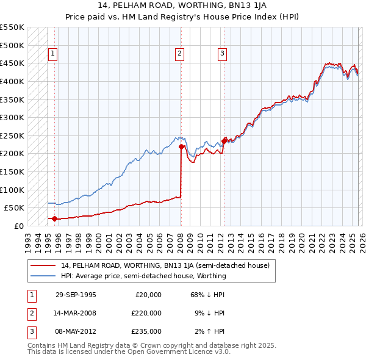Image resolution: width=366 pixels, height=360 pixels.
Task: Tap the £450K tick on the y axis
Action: (x=12, y=63)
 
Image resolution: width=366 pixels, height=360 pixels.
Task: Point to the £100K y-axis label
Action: (x=12, y=190)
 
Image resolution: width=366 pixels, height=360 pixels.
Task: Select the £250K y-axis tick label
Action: (x=12, y=135)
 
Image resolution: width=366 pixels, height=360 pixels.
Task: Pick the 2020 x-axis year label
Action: (x=301, y=238)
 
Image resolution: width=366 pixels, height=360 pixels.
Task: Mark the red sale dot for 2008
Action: (x=181, y=146)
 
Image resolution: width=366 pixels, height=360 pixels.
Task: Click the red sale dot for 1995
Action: (x=54, y=218)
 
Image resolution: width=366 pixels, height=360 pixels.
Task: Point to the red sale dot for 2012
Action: (x=224, y=141)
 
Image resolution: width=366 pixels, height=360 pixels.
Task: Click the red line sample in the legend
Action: (x=43, y=265)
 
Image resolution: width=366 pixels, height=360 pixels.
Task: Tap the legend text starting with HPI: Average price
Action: (x=143, y=276)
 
